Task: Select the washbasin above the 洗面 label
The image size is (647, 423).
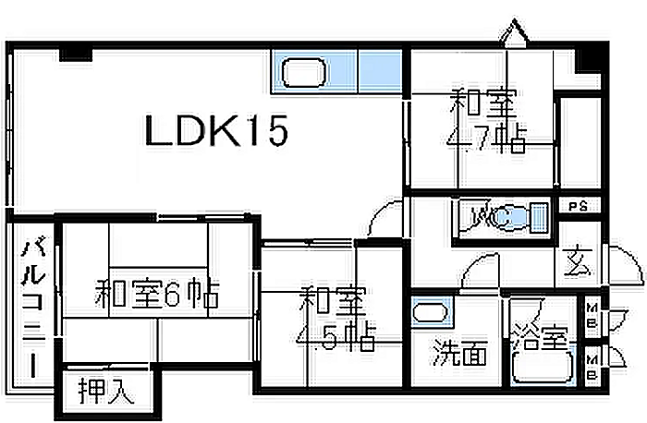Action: coord(430,311)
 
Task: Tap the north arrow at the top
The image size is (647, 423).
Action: coord(518,34)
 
